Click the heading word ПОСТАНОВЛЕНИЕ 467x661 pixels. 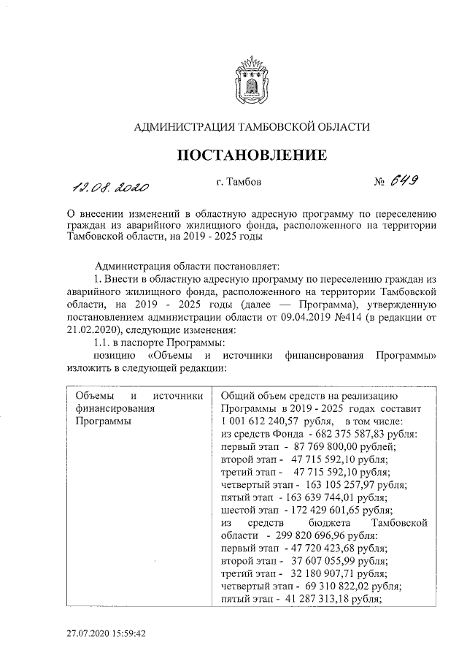coord(252,155)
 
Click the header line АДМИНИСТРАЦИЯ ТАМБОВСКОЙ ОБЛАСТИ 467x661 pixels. coord(252,127)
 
